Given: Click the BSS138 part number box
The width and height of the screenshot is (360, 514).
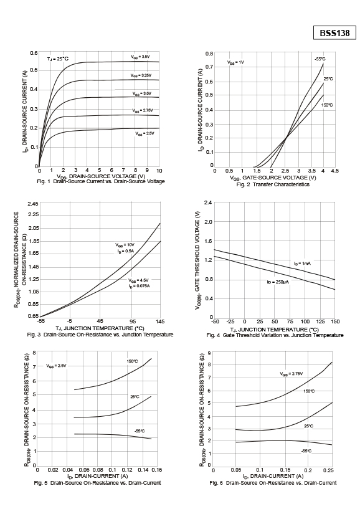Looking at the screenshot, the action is (x=334, y=33).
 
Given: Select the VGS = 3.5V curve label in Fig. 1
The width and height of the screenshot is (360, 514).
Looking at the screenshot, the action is (x=140, y=57).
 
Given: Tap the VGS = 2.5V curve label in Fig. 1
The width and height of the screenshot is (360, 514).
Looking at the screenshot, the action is (x=144, y=134).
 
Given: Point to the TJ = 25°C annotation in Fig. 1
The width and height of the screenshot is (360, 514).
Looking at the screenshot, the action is (x=58, y=59).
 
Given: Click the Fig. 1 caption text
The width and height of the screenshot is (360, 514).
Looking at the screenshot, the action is (x=101, y=181).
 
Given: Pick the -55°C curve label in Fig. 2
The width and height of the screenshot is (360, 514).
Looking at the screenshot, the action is (x=320, y=59).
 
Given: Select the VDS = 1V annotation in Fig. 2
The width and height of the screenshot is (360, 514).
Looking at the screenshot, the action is (x=236, y=62).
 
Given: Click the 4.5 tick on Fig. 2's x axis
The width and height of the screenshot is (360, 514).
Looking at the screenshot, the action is (x=335, y=171).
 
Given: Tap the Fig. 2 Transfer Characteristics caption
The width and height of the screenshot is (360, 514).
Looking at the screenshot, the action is (x=273, y=184).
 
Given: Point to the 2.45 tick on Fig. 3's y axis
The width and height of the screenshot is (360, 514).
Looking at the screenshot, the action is (x=33, y=204).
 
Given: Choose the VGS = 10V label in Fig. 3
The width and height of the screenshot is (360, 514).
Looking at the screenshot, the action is (x=125, y=245).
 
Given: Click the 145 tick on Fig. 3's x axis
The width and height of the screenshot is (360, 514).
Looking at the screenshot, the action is (x=161, y=321).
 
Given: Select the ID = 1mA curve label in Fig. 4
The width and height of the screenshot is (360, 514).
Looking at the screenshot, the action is (x=302, y=264).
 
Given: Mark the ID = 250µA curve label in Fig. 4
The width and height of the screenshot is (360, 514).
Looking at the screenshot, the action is (x=278, y=282).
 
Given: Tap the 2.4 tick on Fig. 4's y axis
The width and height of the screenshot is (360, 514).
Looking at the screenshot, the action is (x=208, y=202).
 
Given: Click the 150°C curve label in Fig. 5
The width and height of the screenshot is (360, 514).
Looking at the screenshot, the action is (x=132, y=361).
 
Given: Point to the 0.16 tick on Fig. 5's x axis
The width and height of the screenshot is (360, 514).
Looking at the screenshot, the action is (x=157, y=470).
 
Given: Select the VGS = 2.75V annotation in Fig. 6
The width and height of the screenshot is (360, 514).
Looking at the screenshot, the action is (x=291, y=374).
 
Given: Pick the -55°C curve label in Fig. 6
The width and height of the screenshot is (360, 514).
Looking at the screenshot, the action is (x=306, y=451).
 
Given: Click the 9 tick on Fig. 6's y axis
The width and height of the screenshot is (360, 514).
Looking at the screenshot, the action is (x=210, y=353).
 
